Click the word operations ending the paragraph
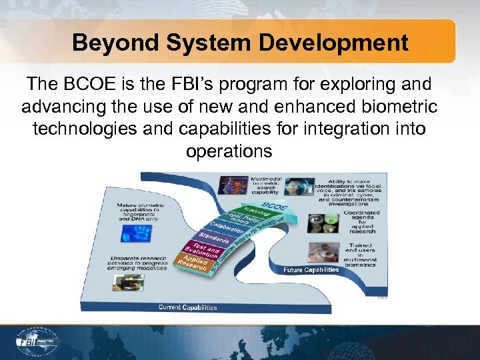click(x=229, y=151)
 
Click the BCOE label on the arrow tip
click(x=270, y=205)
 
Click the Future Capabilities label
click(x=311, y=270)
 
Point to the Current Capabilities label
click(x=187, y=307)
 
